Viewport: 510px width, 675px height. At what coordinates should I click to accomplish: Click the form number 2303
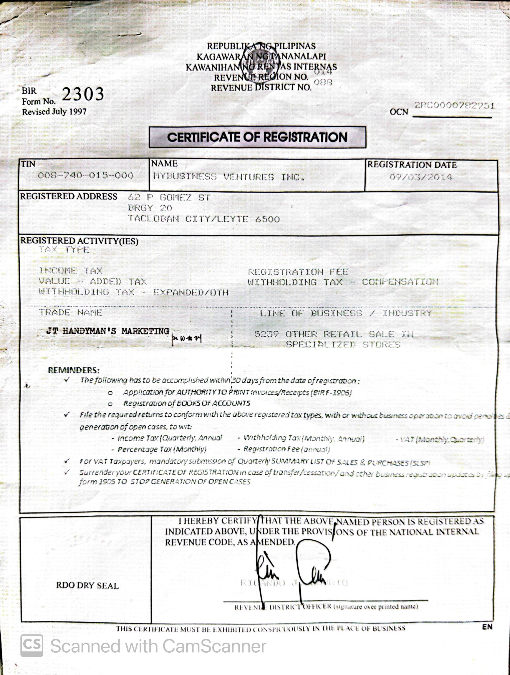tap(83, 94)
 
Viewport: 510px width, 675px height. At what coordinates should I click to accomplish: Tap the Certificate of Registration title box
tap(257, 137)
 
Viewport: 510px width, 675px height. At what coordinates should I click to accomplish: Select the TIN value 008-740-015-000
tap(86, 176)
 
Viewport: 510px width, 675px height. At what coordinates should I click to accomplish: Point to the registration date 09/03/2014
tap(420, 177)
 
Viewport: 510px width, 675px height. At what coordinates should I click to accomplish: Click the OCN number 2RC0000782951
tap(454, 106)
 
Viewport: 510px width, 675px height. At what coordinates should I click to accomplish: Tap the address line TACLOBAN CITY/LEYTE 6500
tap(204, 219)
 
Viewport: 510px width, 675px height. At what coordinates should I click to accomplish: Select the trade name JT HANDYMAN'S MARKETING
tap(107, 331)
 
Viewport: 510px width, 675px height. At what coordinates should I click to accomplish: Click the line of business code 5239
tap(266, 334)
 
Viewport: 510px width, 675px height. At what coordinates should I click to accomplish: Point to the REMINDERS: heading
tap(74, 370)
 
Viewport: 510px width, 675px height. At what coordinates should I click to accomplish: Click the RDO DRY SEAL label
tap(87, 585)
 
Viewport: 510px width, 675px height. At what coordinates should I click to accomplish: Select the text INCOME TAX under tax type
tap(71, 271)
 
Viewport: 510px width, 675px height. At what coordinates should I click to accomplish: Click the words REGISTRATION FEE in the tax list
tap(298, 272)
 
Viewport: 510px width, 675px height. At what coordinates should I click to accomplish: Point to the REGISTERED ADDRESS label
tap(69, 196)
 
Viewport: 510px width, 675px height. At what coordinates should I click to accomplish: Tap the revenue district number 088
tap(323, 82)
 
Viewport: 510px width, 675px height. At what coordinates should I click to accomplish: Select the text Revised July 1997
tap(54, 112)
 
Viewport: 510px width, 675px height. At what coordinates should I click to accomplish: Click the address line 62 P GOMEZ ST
tap(169, 198)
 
